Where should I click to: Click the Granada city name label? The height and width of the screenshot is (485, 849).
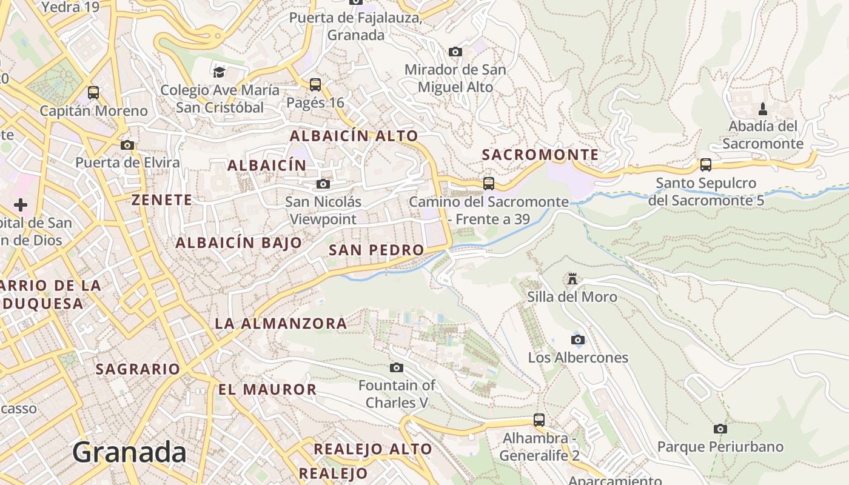[x=129, y=453]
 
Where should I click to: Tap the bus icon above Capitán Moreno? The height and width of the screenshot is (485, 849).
[x=93, y=93]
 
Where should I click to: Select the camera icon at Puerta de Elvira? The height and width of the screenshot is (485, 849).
[x=127, y=145]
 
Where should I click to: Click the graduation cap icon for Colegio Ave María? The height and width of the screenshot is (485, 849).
[x=219, y=72]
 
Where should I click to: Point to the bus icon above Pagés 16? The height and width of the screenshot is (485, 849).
[x=315, y=85]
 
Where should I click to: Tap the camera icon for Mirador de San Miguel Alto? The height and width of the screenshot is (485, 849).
[x=455, y=52]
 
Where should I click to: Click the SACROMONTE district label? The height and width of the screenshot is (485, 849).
[x=540, y=155]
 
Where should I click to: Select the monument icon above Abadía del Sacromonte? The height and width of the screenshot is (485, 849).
[x=763, y=109]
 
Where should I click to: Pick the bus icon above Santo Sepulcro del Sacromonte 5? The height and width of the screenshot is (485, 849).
[x=706, y=165]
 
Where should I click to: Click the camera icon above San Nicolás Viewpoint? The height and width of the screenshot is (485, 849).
[x=323, y=184]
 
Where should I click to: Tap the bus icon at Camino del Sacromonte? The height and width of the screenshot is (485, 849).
[x=489, y=183]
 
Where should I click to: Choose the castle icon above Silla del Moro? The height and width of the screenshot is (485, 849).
[x=572, y=279]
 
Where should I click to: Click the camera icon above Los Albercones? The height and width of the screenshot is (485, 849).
[x=578, y=339]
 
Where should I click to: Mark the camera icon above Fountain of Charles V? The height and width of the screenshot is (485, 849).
[x=397, y=367]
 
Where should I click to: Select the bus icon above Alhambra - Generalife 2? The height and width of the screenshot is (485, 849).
[x=539, y=420]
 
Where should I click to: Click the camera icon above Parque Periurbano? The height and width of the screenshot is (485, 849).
[x=720, y=429]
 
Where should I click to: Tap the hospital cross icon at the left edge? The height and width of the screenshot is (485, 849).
[x=21, y=205]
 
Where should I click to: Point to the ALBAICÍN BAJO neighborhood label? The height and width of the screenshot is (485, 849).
[x=238, y=243]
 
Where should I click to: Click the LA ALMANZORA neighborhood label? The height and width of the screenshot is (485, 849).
[x=281, y=324]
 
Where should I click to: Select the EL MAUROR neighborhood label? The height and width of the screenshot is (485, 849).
[x=267, y=390]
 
